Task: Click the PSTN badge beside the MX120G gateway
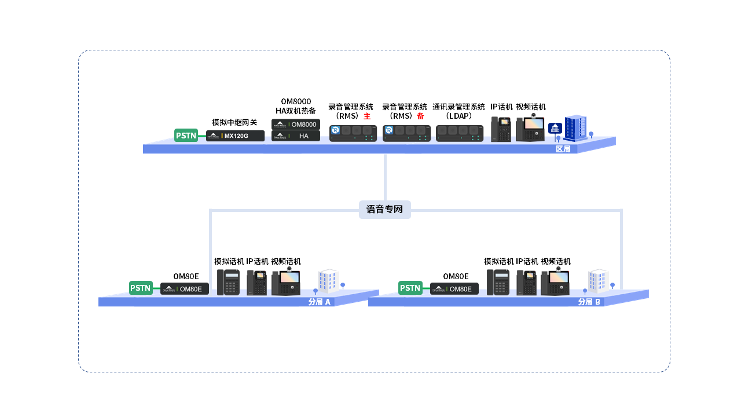186,136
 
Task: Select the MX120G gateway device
235,136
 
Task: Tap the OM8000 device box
296,124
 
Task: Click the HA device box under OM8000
296,136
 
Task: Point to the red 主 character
366,116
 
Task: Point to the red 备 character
420,116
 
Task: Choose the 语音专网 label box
384,209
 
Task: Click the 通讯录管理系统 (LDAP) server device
460,133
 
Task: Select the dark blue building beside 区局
575,128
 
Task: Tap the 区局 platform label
563,149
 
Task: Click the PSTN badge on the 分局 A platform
141,288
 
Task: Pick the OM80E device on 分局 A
184,288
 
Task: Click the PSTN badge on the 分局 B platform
410,288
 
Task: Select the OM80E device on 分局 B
454,288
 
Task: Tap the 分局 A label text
320,302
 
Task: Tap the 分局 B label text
589,302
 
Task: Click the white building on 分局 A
328,280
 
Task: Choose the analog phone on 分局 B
498,283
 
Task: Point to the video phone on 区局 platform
530,129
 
